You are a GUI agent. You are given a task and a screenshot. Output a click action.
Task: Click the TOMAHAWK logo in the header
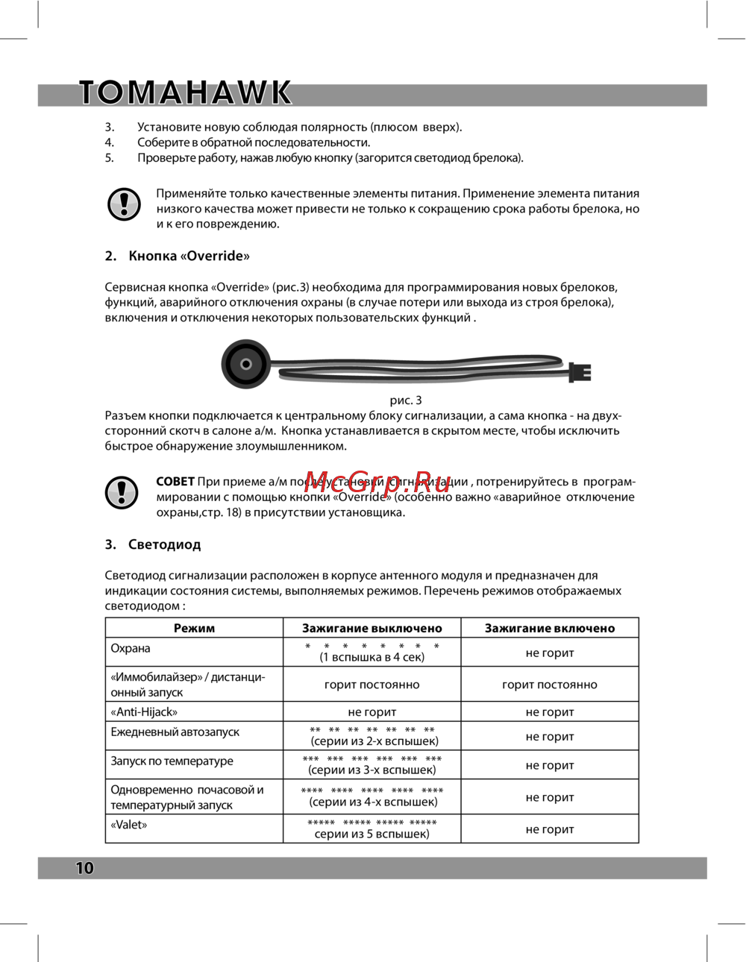coord(185,92)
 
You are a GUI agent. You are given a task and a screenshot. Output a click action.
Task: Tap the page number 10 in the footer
coord(84,867)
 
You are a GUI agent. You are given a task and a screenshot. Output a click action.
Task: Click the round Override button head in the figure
coord(245,364)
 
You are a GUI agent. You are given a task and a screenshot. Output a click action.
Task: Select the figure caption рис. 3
coord(406,400)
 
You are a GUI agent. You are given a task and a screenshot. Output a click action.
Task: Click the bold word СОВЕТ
coord(175,482)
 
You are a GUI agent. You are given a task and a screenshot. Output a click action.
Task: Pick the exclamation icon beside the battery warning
coord(124,204)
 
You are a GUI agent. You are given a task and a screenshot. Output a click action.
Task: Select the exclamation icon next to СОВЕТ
coord(122,492)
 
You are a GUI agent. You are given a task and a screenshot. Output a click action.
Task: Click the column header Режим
coord(194,628)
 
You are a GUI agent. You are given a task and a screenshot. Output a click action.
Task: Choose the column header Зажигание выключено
coord(372,628)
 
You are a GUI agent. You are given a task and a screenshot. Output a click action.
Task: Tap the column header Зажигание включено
coord(550,628)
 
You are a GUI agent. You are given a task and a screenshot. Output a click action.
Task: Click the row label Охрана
coord(131,648)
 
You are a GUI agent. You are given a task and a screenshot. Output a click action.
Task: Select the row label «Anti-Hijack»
coord(144,711)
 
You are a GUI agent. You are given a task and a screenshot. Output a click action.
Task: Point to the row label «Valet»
coord(129,825)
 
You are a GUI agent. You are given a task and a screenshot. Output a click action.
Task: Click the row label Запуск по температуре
coord(172,761)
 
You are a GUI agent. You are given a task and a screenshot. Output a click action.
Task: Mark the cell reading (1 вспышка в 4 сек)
coord(372,657)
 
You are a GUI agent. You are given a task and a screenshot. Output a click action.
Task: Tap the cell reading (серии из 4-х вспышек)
coord(373,802)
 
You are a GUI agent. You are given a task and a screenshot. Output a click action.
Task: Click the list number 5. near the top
coord(109,158)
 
